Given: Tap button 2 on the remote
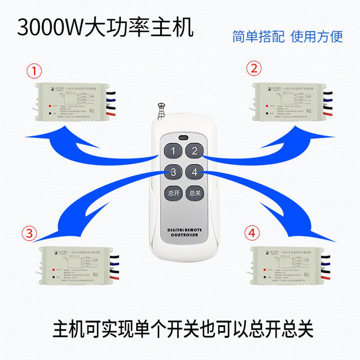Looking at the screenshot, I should pos(194,151).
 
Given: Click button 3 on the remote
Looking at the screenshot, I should pos(173,172).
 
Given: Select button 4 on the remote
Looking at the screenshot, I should pos(194,172).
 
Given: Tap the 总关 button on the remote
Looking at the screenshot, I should pos(194,193).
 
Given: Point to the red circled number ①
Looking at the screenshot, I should pos(35,71).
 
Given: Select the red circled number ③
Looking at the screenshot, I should pos(29,233).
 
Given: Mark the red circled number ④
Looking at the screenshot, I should pos(252,233).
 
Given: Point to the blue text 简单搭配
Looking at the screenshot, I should pos(258,36).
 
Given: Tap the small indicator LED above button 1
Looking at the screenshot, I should pos(183,138).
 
